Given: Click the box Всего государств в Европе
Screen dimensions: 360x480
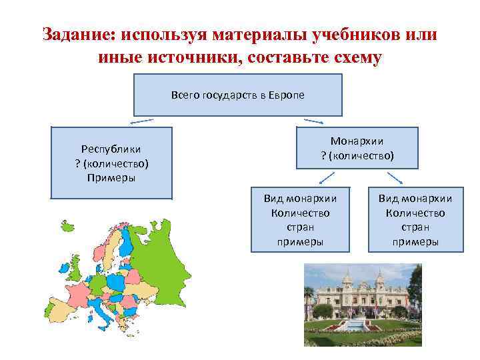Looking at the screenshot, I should point(238,95).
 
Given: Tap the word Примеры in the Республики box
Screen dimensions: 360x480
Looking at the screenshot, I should point(111,177).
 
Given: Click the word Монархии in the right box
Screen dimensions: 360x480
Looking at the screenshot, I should point(357,141).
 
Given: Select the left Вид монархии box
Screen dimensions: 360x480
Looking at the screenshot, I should point(300,220).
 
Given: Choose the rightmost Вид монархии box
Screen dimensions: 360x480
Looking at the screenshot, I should point(415,220).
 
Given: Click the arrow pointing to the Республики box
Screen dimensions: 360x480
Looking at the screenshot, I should point(141,122).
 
